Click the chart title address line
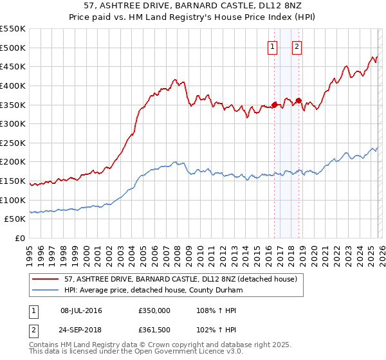tap(192, 6)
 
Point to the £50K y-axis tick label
tap(15, 219)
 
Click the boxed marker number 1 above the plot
tap(272, 46)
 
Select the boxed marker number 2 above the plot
tap(297, 46)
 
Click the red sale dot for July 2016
tap(274, 104)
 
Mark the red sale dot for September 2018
tap(299, 100)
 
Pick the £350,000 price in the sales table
tap(155, 310)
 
